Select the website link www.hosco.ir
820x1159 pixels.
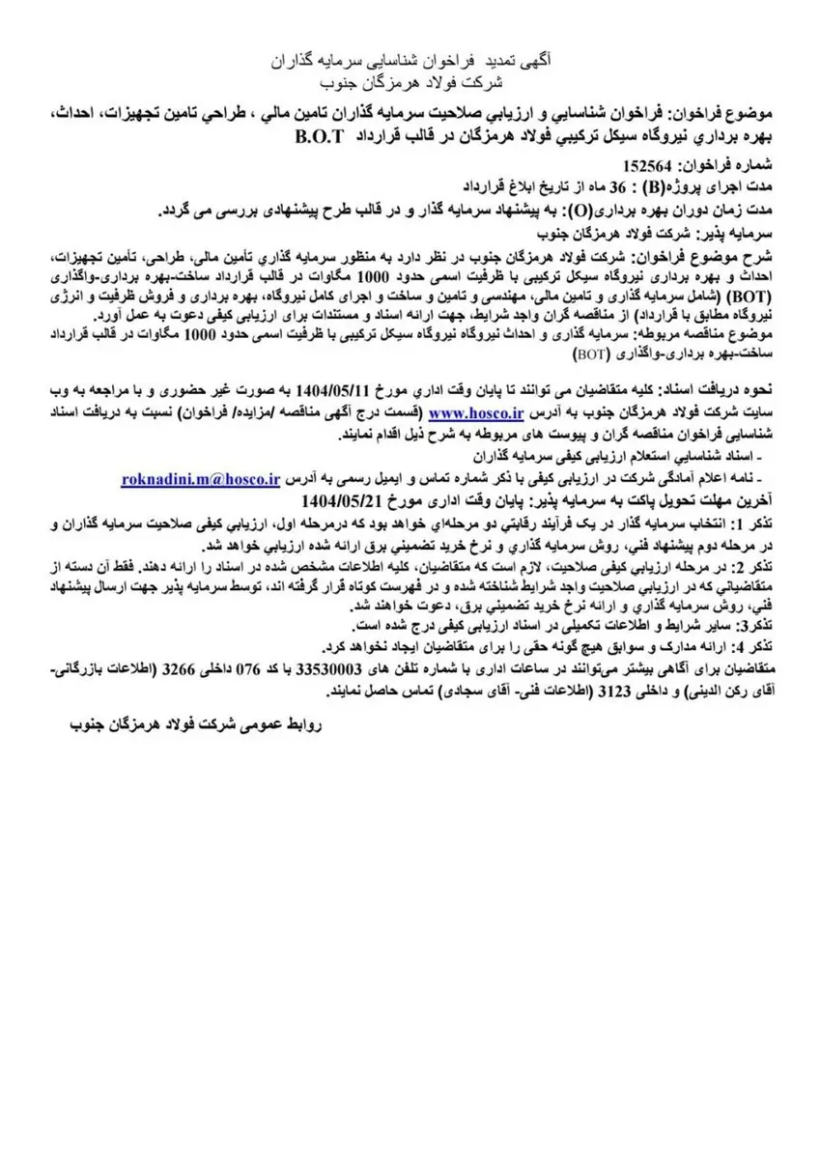(x=469, y=412)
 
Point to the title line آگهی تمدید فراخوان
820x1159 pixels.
(x=411, y=59)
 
